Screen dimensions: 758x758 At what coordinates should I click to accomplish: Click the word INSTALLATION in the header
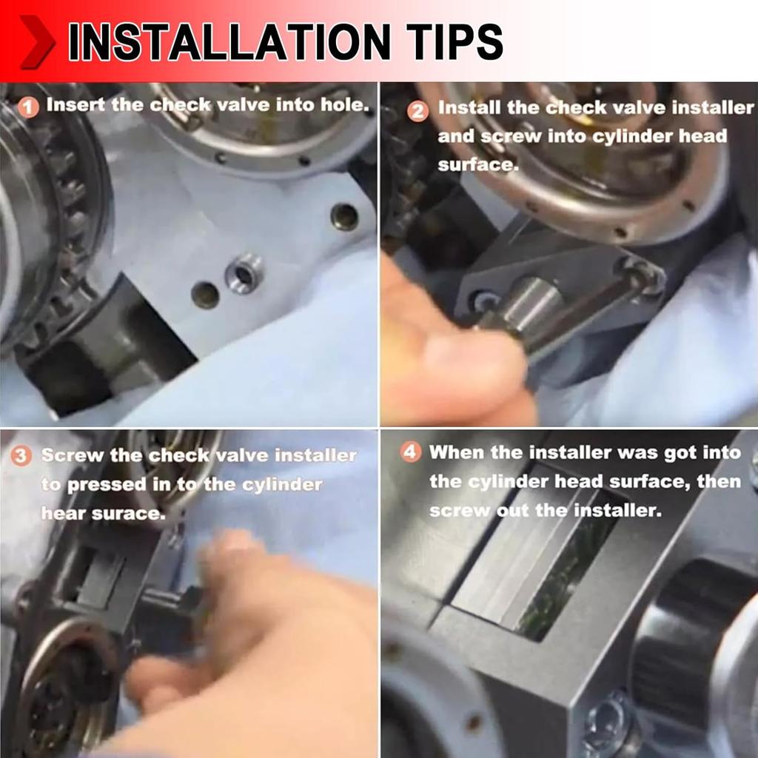(x=229, y=41)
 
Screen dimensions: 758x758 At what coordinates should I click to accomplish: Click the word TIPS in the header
(x=455, y=41)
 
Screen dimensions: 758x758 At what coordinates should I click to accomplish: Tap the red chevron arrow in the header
(x=37, y=42)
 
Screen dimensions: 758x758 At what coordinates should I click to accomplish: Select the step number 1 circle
(x=28, y=107)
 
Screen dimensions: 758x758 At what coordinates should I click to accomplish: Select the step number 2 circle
(x=417, y=112)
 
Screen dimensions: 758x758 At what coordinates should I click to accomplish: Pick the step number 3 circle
(x=21, y=456)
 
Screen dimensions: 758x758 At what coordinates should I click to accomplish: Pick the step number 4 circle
(x=410, y=452)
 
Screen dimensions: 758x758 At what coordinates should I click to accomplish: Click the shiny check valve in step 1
(x=244, y=274)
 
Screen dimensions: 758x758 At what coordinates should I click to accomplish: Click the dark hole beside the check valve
(x=206, y=295)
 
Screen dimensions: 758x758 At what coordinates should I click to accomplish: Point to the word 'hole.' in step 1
(x=345, y=105)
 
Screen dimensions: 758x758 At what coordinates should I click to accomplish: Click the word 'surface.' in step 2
(x=478, y=165)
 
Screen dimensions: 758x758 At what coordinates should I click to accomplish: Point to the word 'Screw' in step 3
(x=73, y=455)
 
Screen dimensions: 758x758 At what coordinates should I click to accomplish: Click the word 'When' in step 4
(x=456, y=452)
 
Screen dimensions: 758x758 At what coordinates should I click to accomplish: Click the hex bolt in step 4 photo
(x=607, y=720)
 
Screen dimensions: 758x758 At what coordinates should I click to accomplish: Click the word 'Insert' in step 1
(x=76, y=105)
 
